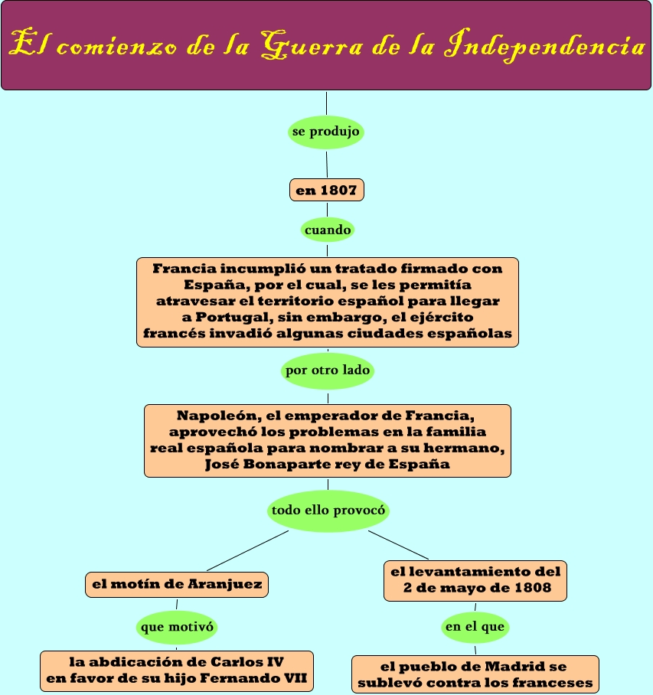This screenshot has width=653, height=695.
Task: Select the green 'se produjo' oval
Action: pos(326,132)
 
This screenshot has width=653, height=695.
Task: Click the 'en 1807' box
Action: pos(326,190)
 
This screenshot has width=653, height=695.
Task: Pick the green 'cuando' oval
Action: pos(328,229)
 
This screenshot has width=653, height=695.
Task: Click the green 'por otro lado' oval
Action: pos(328,370)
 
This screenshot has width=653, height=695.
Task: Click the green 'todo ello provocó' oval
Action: pos(328,509)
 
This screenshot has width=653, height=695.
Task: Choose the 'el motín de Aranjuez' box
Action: pos(177,585)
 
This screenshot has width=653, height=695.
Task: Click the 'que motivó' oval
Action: pos(177,627)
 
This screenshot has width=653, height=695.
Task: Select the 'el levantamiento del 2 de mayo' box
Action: pos(475,581)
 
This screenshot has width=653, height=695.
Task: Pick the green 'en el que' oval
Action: pos(475,627)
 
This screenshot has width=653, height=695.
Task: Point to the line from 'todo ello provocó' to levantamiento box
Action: pos(398,544)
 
